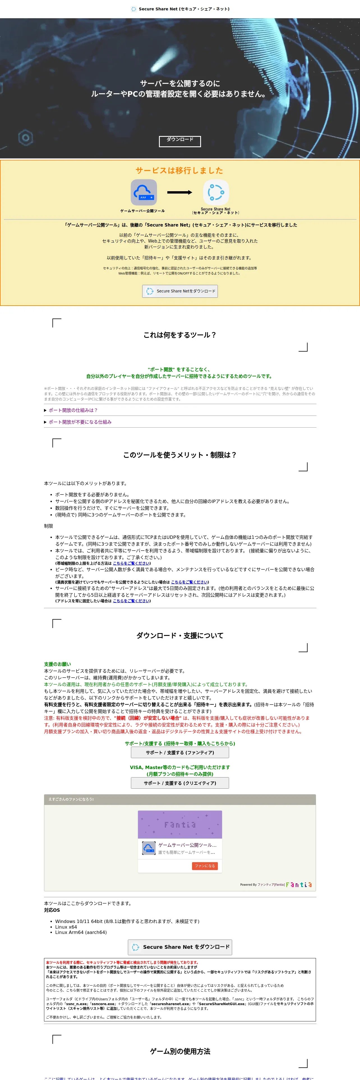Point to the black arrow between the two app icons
coord(179,192)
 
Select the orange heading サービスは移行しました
coord(179,170)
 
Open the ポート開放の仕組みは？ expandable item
coord(73,410)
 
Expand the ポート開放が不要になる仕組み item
coord(80,422)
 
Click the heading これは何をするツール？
coord(180,334)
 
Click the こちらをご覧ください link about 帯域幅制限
coord(131,563)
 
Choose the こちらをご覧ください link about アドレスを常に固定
coord(131,601)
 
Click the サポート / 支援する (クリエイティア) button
coord(180,783)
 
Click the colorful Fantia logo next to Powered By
coord(299,885)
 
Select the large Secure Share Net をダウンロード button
coord(180,947)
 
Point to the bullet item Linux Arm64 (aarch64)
coord(81,932)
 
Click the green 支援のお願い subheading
coord(57,664)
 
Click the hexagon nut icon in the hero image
coord(26,137)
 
